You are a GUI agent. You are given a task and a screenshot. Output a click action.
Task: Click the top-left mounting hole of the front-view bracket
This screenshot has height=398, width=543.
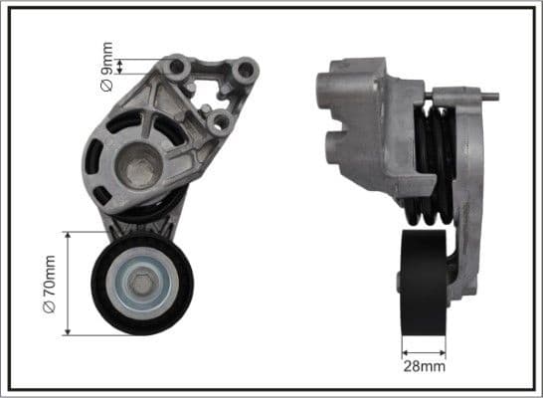(178, 67)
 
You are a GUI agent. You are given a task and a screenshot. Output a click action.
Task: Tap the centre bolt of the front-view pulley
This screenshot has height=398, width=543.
(142, 285)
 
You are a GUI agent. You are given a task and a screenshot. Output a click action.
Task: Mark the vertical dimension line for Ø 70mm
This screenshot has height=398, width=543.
(68, 284)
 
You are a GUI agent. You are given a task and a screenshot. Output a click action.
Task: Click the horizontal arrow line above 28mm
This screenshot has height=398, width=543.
(425, 350)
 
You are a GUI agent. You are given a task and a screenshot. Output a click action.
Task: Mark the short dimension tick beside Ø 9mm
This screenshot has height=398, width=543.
(121, 67)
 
